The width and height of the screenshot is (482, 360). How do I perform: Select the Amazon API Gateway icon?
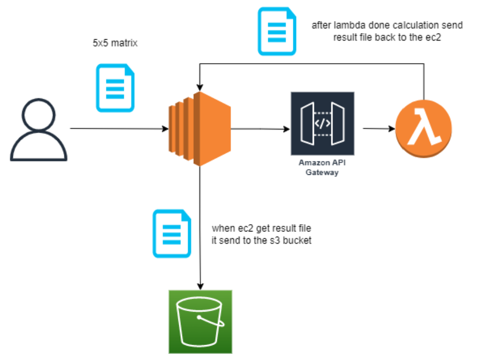pos(322,123)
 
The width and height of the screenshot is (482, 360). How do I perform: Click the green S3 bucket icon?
pos(200,321)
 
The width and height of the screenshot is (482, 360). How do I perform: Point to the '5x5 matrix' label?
pos(112,44)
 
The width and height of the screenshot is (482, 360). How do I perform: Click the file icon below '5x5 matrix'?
pos(115,87)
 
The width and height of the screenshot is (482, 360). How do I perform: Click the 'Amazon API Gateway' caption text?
pos(322,168)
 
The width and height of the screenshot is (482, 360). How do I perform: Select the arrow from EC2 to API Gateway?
pos(259,129)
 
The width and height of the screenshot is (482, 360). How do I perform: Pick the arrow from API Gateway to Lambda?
pos(378,129)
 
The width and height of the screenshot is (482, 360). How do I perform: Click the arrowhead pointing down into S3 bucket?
pos(200,285)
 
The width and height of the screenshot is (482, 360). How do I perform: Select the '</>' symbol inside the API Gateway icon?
pos(322,123)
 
